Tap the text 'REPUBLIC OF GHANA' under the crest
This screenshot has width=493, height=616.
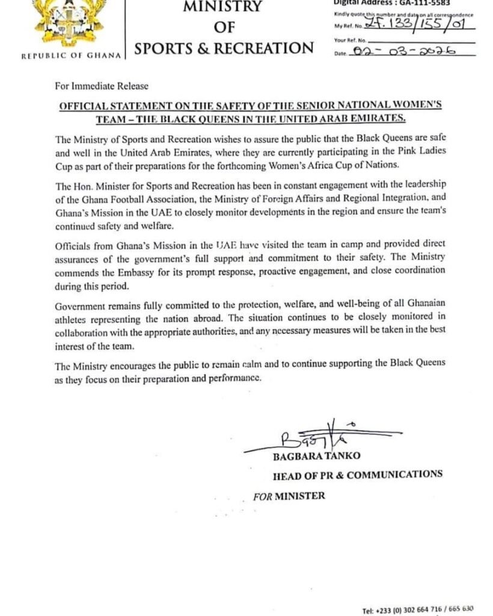point(72,56)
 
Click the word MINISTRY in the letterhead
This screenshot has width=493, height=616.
point(223,7)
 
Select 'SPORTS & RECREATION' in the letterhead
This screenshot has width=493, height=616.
point(224,48)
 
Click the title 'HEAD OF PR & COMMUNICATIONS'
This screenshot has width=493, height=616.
point(358,474)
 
